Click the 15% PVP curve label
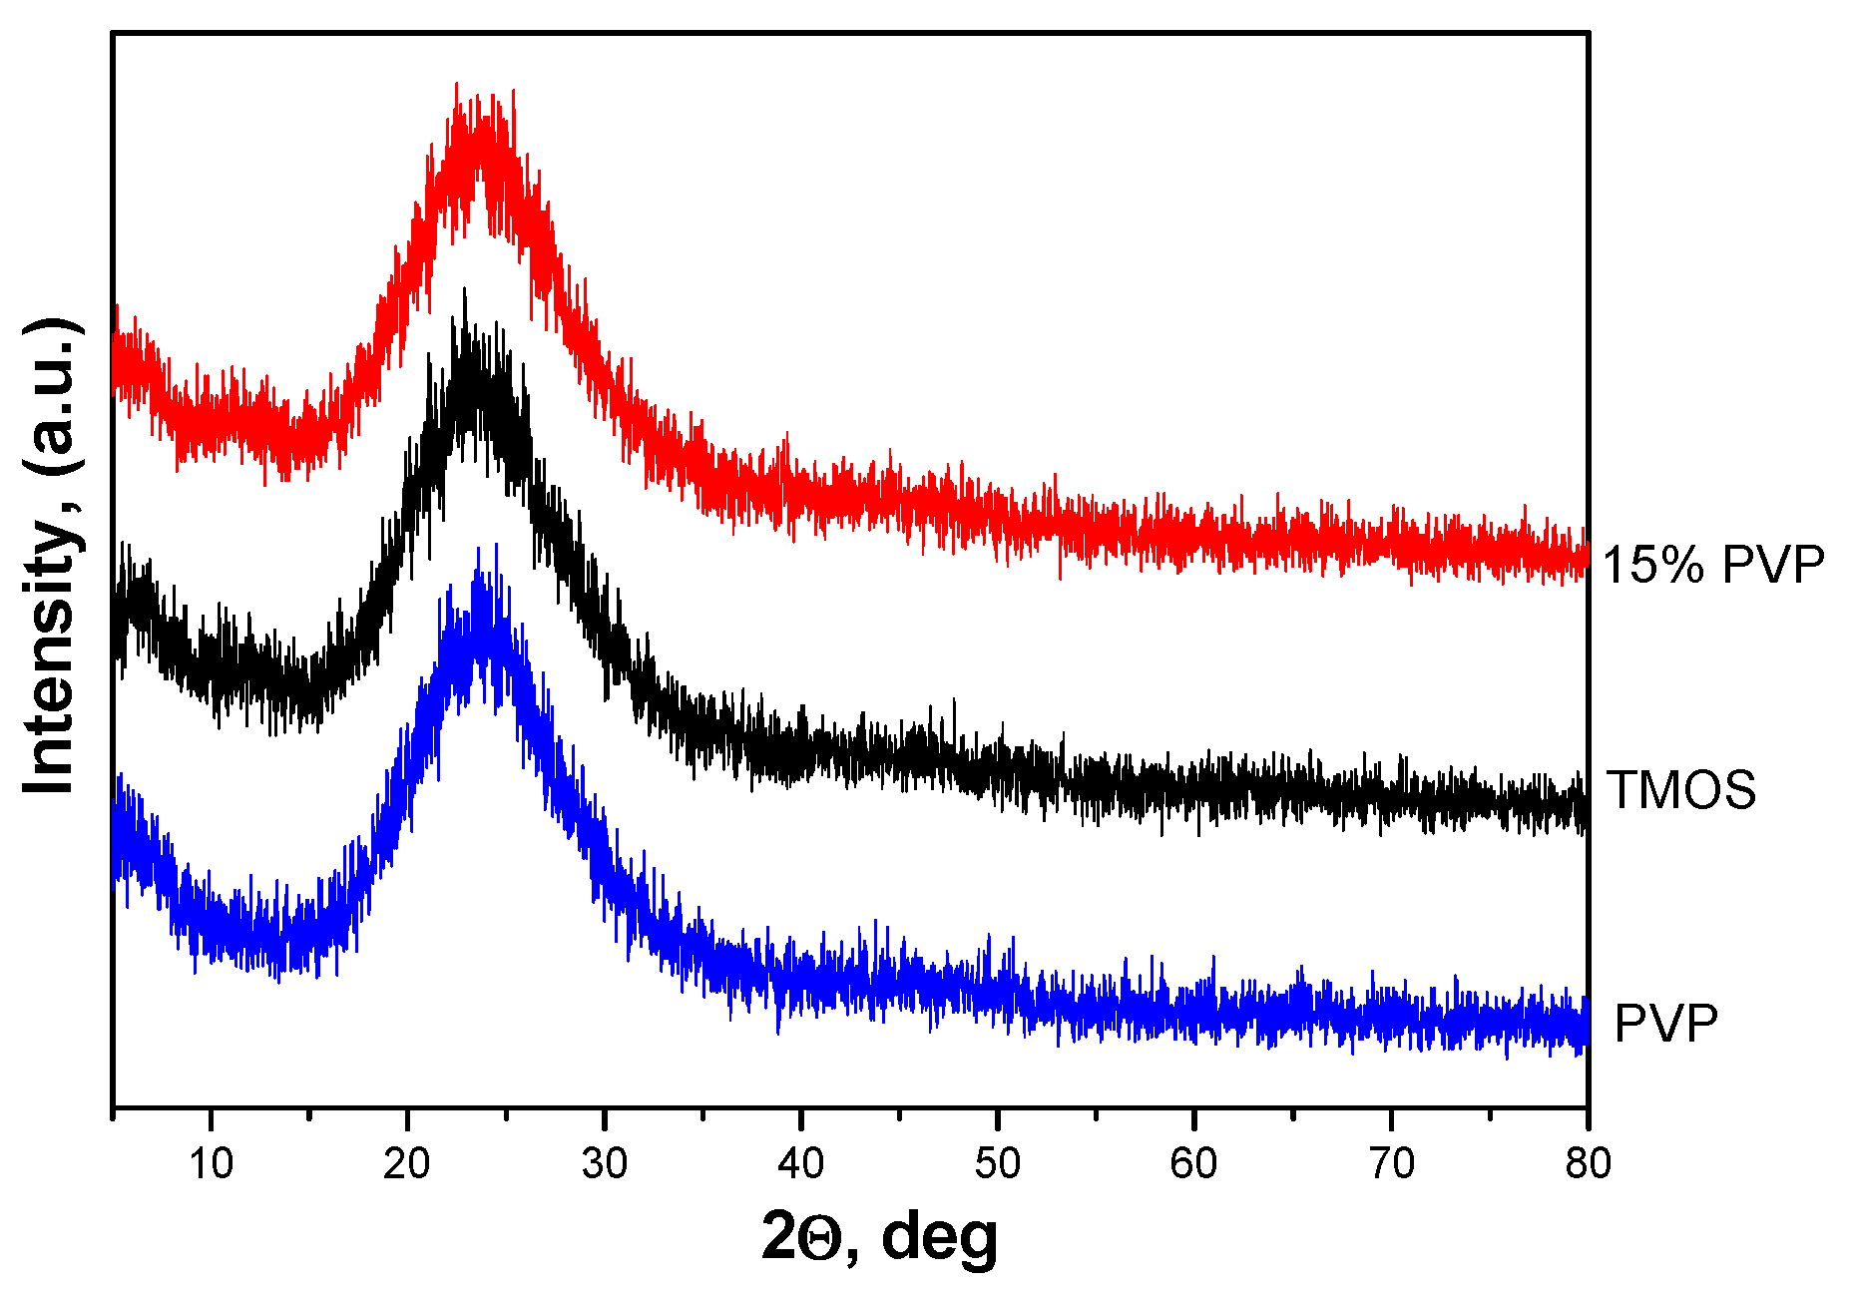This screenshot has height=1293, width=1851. click(1712, 565)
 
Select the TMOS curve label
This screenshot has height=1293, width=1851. click(1680, 790)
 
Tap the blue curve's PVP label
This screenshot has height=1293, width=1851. click(1665, 1024)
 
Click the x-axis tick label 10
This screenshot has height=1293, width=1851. click(211, 1163)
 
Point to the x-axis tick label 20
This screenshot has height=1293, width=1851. click(407, 1163)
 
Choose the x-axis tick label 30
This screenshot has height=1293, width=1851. click(604, 1163)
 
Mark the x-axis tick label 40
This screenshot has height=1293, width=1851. click(800, 1163)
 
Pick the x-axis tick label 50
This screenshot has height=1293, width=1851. click(997, 1163)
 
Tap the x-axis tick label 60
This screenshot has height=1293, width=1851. click(1193, 1163)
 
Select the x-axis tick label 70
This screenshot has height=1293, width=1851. click(1391, 1163)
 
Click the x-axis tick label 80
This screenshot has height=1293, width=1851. click(1587, 1163)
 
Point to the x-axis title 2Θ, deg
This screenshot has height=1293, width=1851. click(879, 1237)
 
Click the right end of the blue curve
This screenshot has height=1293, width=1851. click(1585, 1028)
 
